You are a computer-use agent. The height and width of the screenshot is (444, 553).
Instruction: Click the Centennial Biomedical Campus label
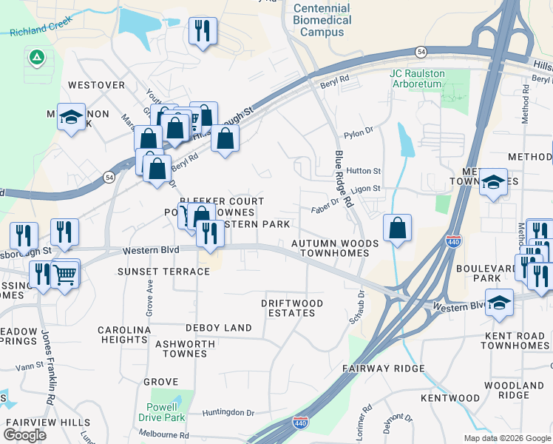(x=322, y=20)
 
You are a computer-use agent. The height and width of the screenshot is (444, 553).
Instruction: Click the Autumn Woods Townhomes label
(x=335, y=248)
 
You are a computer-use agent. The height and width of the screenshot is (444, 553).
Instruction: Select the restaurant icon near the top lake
(x=202, y=30)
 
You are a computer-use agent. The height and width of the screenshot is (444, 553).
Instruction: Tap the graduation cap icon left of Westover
(x=72, y=118)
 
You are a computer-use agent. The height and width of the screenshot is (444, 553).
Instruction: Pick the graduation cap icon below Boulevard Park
(x=500, y=302)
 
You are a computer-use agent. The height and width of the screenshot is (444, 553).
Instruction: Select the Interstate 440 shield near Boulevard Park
(x=453, y=242)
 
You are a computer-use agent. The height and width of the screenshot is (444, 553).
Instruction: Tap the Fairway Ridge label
(x=384, y=368)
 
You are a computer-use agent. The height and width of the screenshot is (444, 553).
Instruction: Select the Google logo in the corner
(x=25, y=435)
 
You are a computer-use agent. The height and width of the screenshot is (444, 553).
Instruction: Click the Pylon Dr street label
(x=358, y=135)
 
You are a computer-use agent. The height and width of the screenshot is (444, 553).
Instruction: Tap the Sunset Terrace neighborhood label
(x=163, y=272)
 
